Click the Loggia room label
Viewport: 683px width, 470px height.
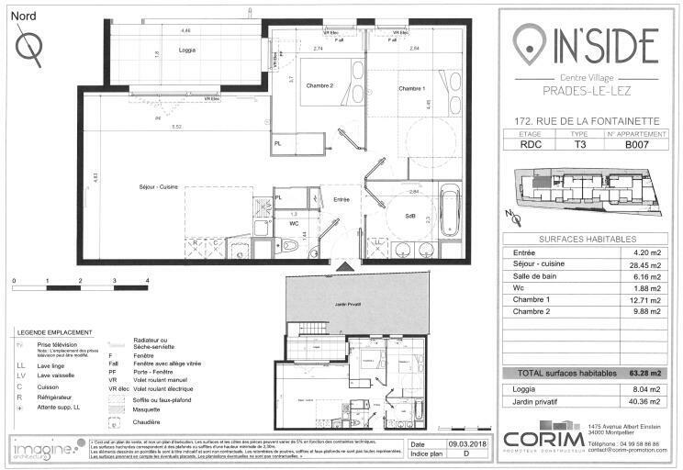click(x=187, y=50)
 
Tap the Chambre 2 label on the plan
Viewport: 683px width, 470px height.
click(x=319, y=85)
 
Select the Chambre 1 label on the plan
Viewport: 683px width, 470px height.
click(x=411, y=88)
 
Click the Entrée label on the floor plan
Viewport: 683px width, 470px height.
click(x=341, y=199)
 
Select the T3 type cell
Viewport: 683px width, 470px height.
click(x=580, y=144)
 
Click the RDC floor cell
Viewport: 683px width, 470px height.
click(x=530, y=144)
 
